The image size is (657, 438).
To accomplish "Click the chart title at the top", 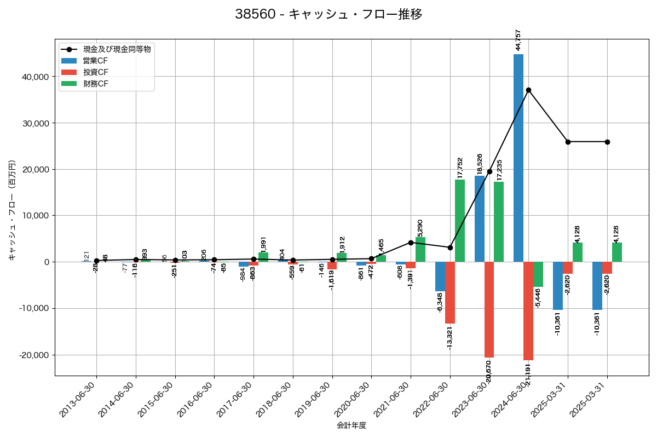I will (328, 14).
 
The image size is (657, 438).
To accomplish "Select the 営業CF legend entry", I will (95, 60).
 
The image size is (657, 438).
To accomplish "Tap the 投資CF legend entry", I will (95, 72).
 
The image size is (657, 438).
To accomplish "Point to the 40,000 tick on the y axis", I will (34, 77).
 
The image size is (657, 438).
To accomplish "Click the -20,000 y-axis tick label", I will (32, 355).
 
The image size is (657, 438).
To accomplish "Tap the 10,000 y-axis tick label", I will (34, 216).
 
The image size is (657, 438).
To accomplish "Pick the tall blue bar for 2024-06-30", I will (518, 158).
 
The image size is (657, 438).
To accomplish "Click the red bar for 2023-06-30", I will (489, 309).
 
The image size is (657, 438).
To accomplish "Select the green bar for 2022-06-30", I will (460, 221).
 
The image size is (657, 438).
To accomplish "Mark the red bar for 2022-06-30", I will (450, 292).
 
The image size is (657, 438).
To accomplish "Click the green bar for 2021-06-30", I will (420, 250).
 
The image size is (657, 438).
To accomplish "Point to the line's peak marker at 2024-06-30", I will (528, 90).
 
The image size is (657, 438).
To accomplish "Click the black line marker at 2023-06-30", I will (489, 171).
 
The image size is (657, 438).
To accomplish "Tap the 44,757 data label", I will (518, 40).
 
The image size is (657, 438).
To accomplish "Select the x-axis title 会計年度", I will (351, 425).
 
